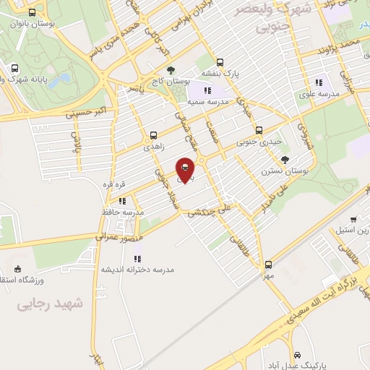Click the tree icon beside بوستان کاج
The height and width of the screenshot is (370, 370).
171,71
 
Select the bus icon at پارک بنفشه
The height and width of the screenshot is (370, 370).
220,62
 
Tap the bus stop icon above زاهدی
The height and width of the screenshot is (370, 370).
153,135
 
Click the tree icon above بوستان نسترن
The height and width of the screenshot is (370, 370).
286,160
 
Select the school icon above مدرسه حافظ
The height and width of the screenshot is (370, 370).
123,201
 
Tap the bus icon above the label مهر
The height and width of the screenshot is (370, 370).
269,264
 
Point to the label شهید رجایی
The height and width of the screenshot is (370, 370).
51,304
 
